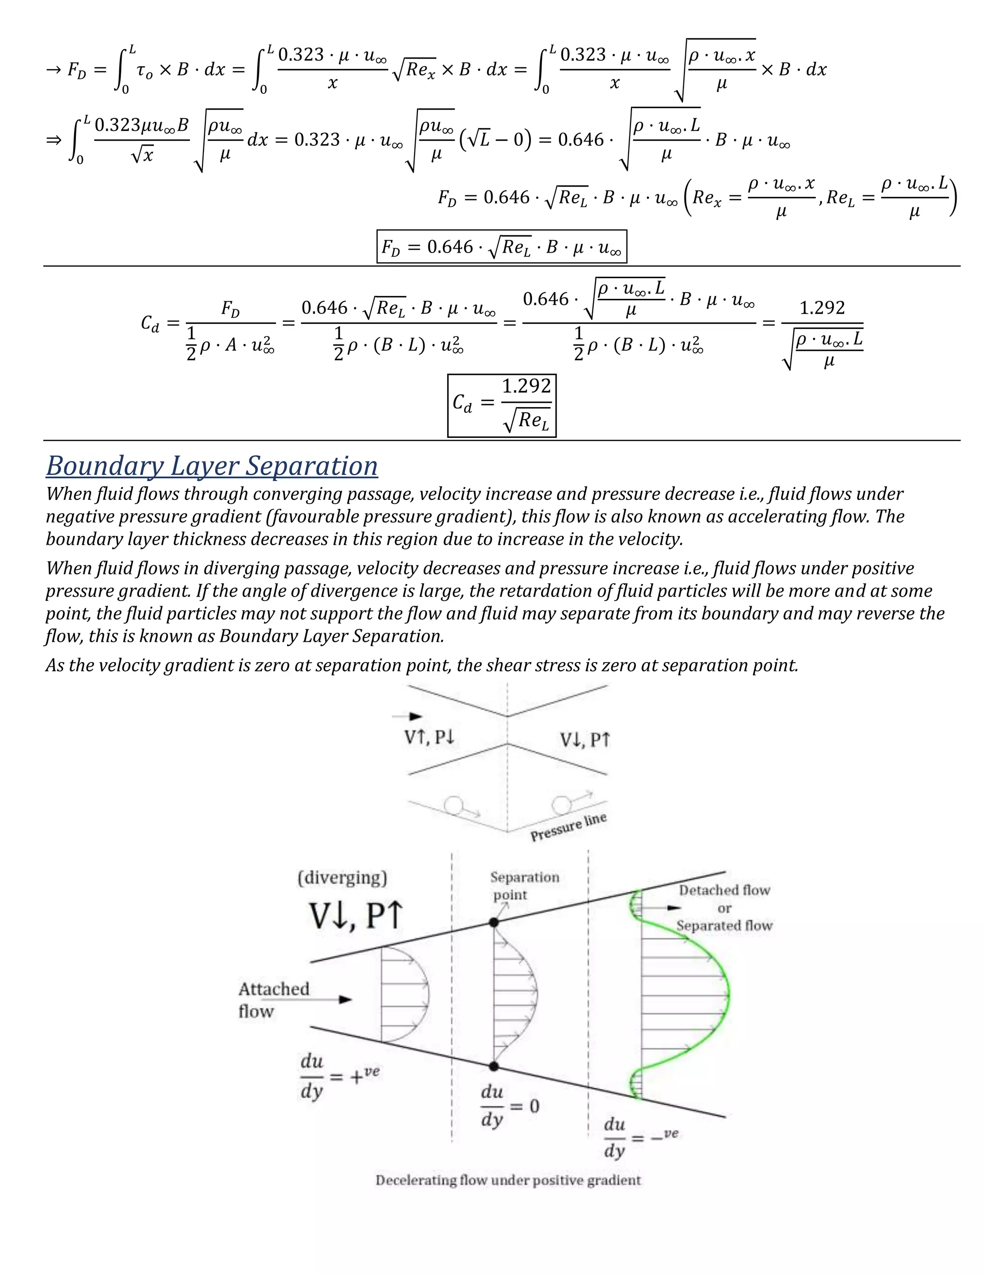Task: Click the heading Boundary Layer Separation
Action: point(212,466)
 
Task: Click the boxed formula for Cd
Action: point(501,405)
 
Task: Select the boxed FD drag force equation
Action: point(501,247)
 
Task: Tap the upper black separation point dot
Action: point(493,922)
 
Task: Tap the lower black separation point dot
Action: point(493,1066)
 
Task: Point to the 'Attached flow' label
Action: point(273,999)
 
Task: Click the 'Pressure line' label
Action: point(568,827)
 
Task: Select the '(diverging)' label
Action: point(342,878)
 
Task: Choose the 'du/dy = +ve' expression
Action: point(339,1076)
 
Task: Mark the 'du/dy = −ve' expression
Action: point(640,1137)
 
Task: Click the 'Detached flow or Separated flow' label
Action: point(724,908)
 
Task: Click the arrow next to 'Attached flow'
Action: point(344,999)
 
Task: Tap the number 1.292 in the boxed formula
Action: point(526,386)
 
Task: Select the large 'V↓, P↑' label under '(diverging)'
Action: point(356,916)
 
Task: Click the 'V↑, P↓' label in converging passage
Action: point(429,738)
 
